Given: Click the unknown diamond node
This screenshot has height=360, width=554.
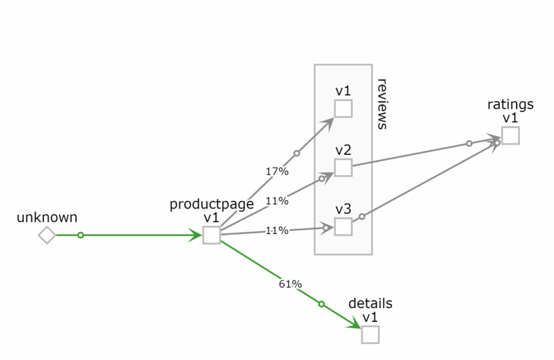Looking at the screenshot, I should (46, 235).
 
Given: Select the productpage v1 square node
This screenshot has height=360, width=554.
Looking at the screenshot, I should (211, 235).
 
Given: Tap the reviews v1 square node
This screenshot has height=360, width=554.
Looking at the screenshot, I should (343, 109).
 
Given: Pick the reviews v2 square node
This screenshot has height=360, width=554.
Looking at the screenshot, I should (343, 168).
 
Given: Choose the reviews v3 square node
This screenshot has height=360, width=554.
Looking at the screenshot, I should (343, 226).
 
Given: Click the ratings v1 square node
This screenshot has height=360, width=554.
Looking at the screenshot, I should (510, 136).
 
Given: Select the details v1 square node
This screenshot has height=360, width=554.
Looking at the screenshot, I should (370, 334).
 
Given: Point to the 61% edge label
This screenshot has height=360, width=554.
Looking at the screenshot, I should (290, 284).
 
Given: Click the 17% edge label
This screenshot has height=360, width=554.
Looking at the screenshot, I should (277, 170).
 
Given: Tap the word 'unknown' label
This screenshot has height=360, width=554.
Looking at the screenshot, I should (47, 217).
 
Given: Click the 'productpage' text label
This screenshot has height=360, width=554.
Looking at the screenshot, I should (211, 205).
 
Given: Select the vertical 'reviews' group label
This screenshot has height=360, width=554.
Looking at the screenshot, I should (382, 104).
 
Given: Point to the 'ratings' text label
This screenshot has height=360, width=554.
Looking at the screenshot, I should (510, 105).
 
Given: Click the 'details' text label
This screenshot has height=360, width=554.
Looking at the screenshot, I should (370, 303).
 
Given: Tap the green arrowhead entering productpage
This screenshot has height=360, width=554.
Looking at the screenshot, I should (195, 235).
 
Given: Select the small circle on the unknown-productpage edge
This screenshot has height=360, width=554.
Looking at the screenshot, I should (80, 235).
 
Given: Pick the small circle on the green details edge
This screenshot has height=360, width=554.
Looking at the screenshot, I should (321, 303).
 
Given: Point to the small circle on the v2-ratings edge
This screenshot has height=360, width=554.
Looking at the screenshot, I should (469, 143).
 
